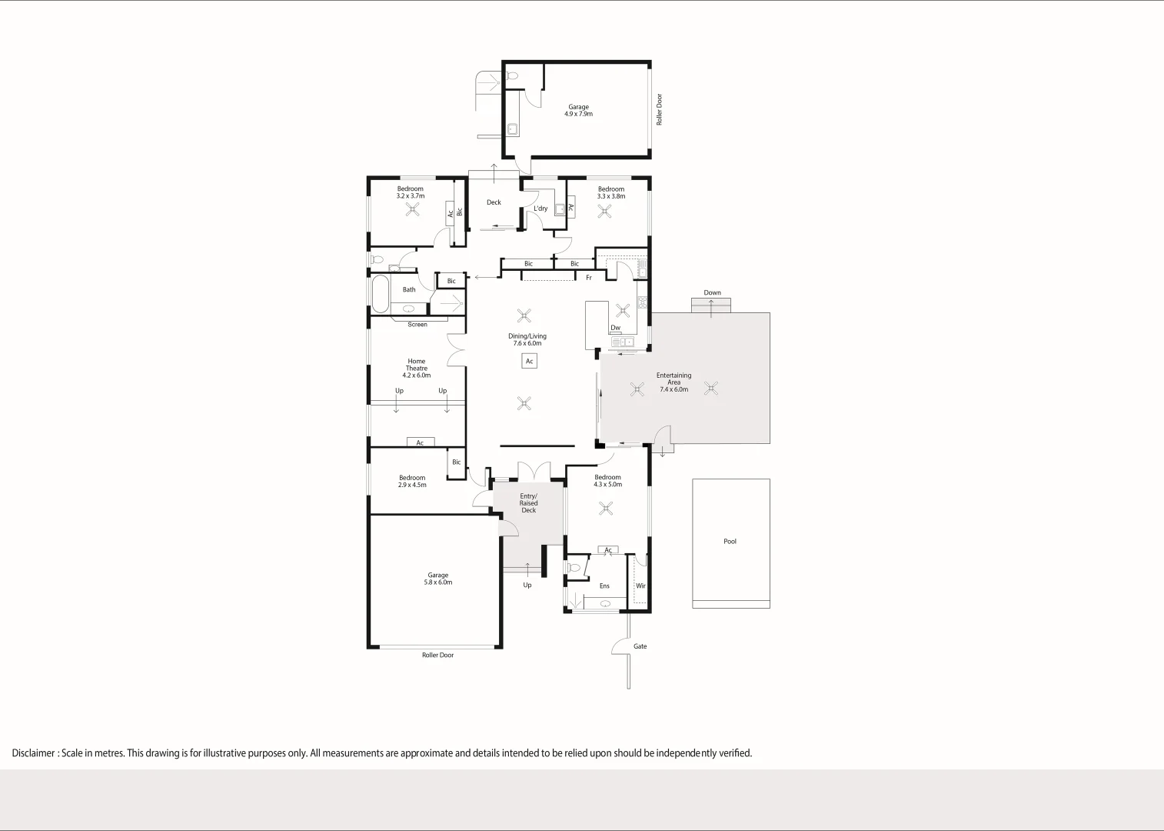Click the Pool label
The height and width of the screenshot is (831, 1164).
(730, 542)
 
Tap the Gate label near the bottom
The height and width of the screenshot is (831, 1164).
(640, 646)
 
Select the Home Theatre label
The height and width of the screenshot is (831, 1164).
(416, 365)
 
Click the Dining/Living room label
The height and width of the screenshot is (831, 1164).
(527, 336)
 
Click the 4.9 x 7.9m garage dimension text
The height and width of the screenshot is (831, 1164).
(578, 114)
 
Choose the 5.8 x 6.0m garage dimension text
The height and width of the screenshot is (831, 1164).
(437, 582)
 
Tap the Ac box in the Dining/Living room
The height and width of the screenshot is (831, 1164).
(529, 361)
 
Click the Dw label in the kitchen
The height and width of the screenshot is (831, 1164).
(615, 328)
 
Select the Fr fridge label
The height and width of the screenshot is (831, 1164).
(589, 278)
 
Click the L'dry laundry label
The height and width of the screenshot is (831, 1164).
(540, 209)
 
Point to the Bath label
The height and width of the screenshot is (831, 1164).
(409, 290)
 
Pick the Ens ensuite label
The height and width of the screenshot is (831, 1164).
(604, 586)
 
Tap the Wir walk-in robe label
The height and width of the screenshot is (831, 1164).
(640, 586)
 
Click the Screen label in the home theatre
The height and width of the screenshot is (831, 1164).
(417, 325)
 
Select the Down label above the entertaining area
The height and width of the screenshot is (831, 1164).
(712, 293)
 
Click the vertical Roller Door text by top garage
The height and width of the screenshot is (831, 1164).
(659, 109)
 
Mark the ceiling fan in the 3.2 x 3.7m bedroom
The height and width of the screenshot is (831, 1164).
(413, 209)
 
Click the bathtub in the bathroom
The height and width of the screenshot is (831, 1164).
(380, 293)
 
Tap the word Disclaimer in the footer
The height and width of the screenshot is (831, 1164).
(33, 753)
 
